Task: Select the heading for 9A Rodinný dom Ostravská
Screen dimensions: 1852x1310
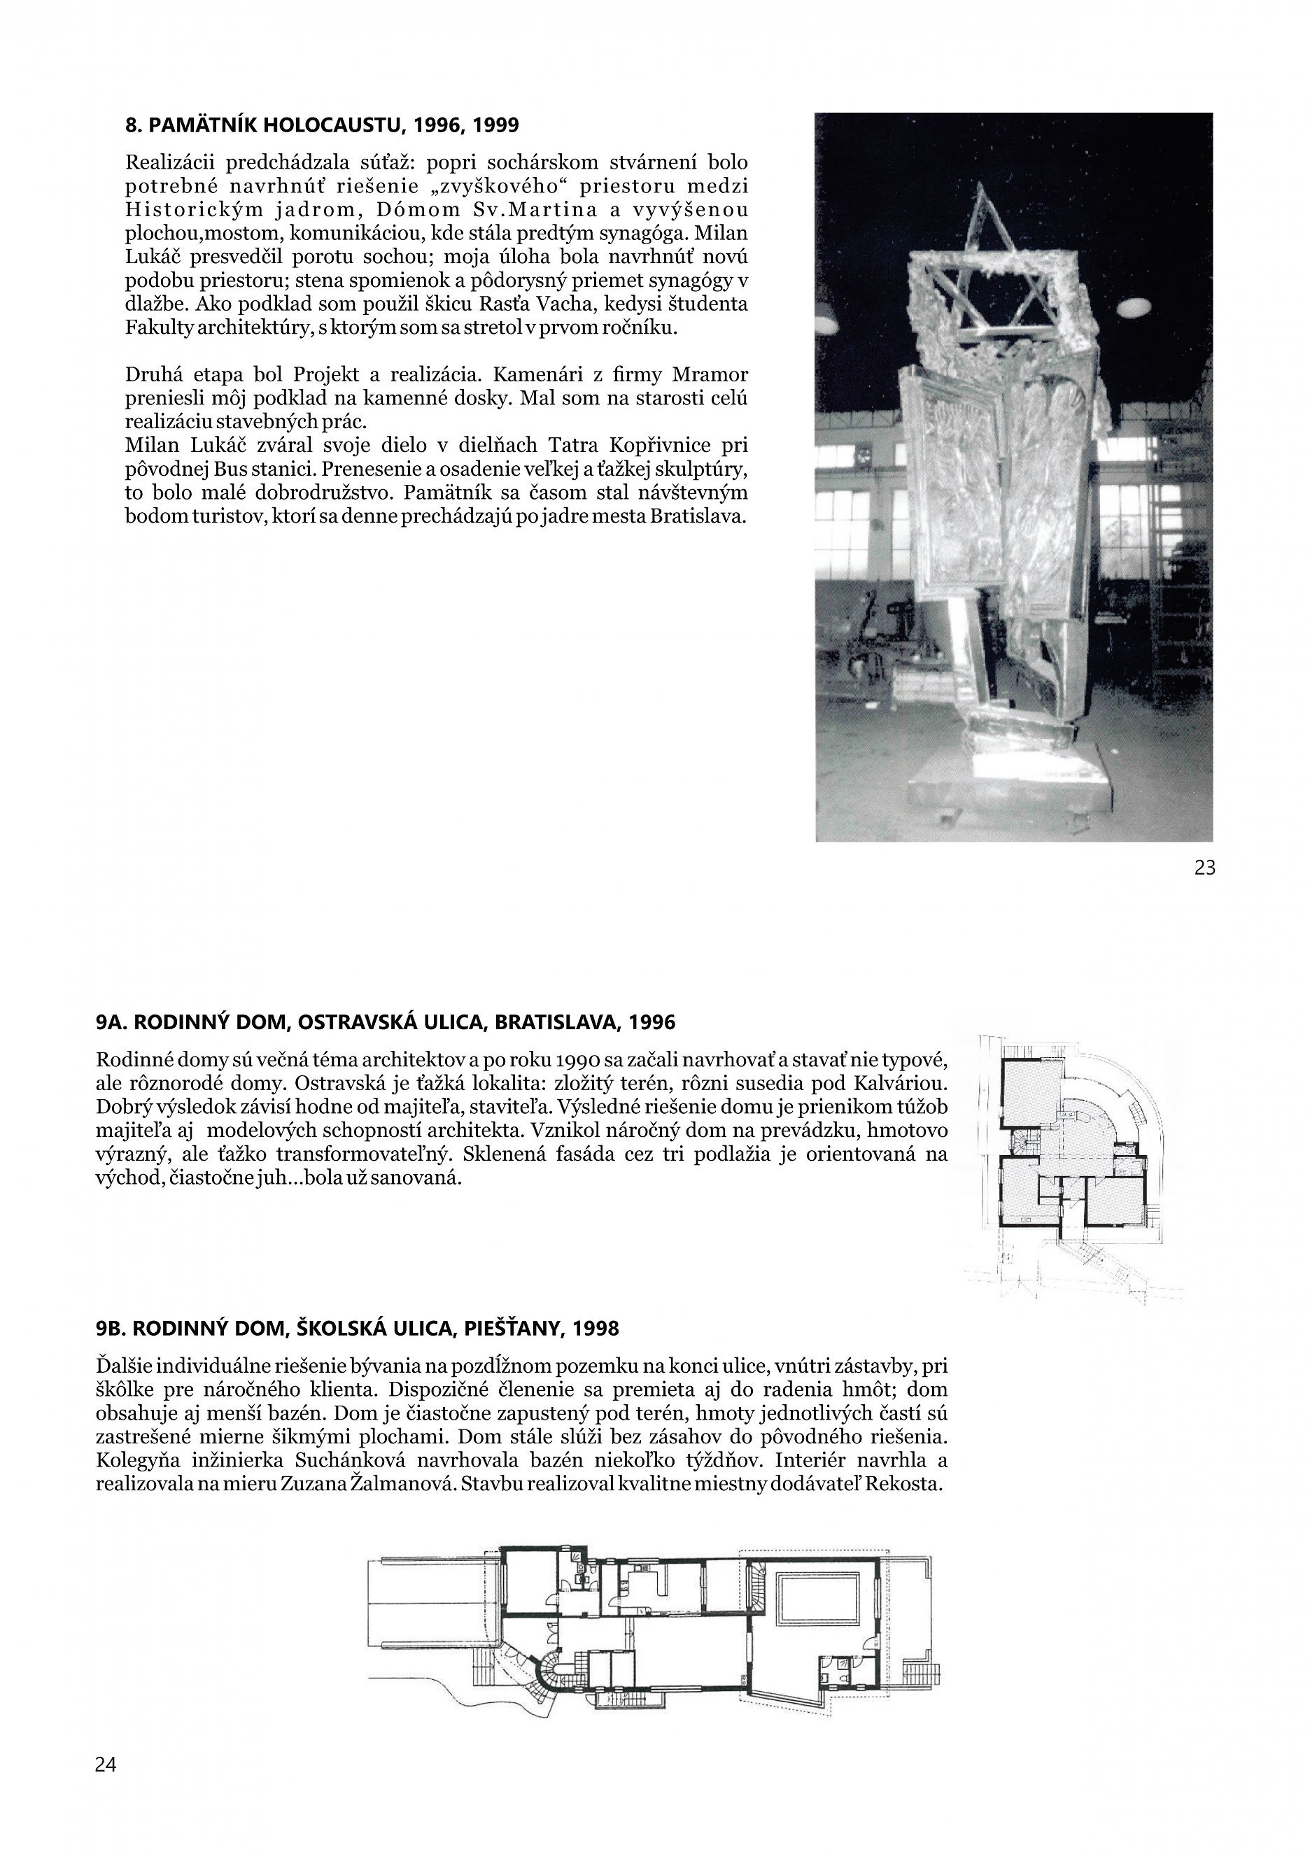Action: (386, 1023)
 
